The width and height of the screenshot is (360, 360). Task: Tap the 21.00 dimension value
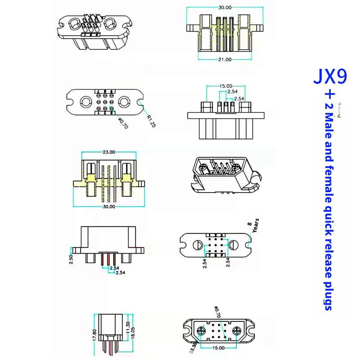point(225,59)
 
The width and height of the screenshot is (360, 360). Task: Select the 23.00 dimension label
point(109,152)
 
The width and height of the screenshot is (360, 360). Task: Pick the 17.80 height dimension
point(94,336)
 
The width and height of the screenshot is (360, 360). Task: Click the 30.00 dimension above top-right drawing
point(225,8)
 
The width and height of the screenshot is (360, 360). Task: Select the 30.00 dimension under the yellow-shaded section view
point(109,207)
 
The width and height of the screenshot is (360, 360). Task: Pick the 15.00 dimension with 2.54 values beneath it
point(226,85)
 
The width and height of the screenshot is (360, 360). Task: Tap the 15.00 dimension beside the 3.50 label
point(219,348)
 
